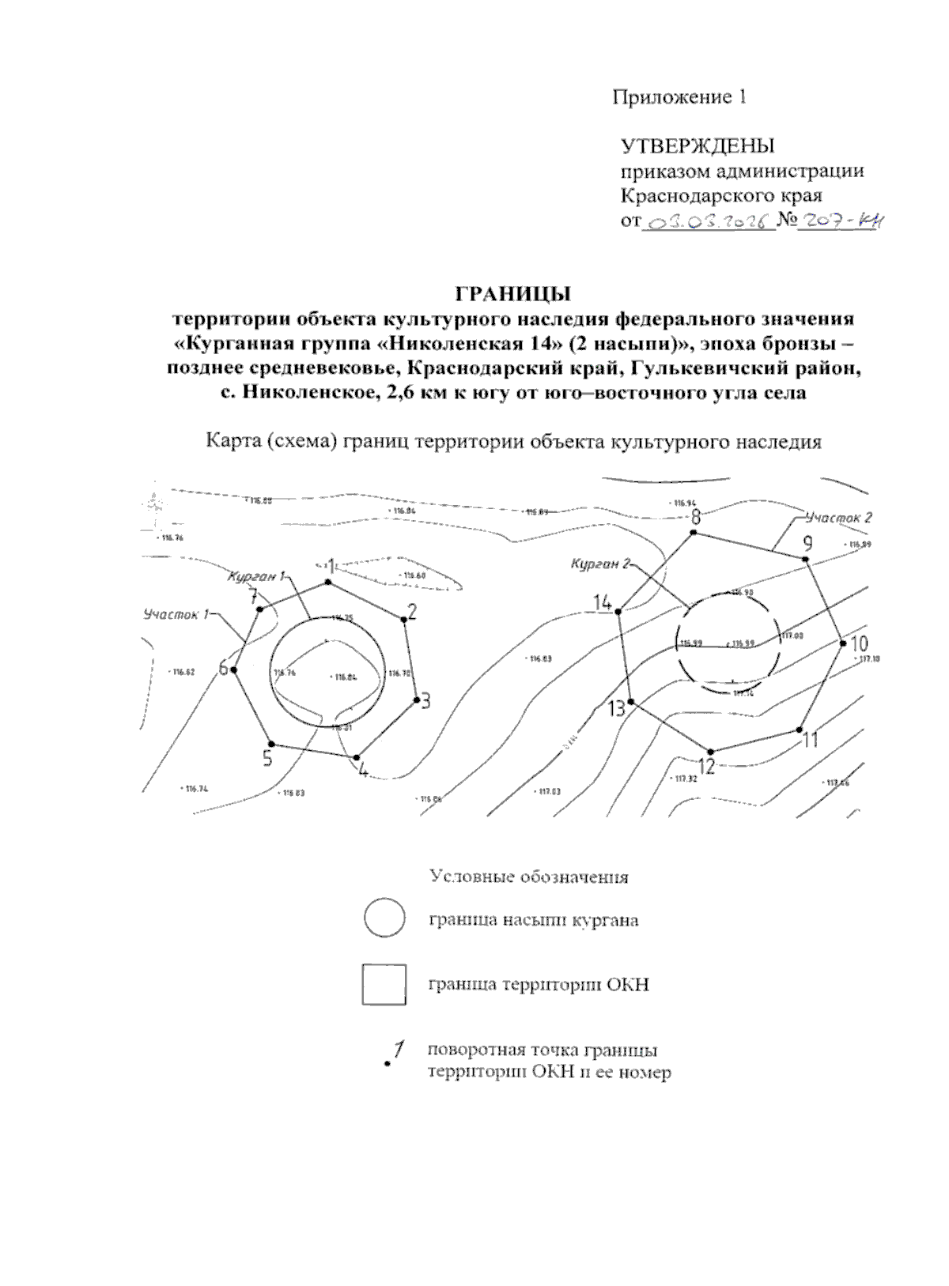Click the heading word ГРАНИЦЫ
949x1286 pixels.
(x=512, y=294)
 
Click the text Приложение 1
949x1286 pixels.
(x=679, y=97)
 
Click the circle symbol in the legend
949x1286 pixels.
(x=384, y=920)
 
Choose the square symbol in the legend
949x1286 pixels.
(x=384, y=985)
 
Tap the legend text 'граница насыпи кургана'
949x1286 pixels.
(x=534, y=920)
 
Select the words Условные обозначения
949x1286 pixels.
(x=529, y=877)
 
